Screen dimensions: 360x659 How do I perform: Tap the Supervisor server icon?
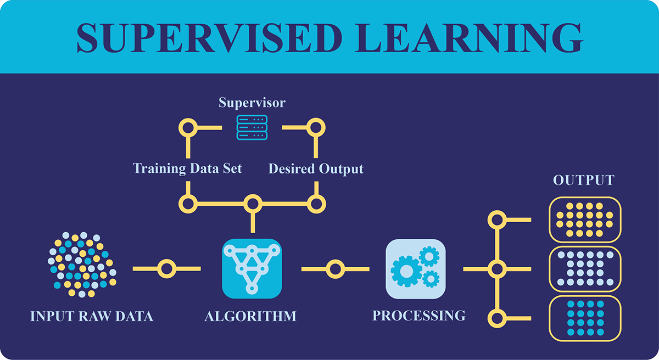click(x=252, y=127)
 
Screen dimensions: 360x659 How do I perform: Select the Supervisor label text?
click(x=252, y=103)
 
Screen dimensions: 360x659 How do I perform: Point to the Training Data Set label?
click(x=187, y=168)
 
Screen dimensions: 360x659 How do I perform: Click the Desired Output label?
click(x=316, y=168)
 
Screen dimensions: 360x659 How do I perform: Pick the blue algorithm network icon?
click(x=252, y=269)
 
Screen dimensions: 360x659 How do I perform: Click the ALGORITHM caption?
click(x=250, y=316)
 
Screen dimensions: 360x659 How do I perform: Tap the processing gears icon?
click(x=415, y=269)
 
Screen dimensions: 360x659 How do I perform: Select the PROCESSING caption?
click(x=418, y=316)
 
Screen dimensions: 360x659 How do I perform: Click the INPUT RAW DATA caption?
click(x=91, y=317)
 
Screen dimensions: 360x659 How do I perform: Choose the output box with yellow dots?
click(x=585, y=220)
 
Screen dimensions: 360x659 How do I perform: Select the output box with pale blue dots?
click(x=585, y=269)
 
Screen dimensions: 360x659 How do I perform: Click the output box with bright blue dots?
click(x=585, y=318)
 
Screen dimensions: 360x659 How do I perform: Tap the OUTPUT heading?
click(x=584, y=181)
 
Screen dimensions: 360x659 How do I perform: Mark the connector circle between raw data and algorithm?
click(x=166, y=269)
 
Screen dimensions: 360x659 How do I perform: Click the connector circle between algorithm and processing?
click(x=335, y=269)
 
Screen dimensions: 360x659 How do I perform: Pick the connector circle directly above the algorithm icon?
click(x=252, y=204)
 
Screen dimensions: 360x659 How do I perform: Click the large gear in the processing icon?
click(x=406, y=271)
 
